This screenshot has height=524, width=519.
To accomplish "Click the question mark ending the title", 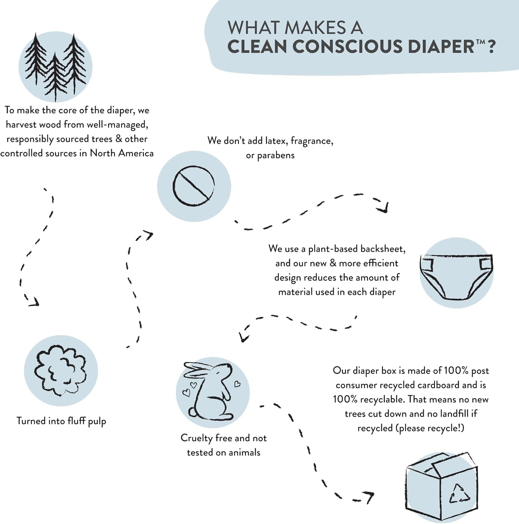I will pos(491,47).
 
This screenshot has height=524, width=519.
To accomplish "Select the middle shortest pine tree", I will pos(55,75).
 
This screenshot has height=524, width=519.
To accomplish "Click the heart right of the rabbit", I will pos(237,384).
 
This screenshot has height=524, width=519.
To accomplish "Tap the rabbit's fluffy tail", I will pos(193,413).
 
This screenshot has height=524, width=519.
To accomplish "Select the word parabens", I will pos(276,155).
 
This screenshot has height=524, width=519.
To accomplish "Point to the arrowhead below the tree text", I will pos(34,302).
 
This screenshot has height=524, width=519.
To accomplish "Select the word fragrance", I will pos(311,141).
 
